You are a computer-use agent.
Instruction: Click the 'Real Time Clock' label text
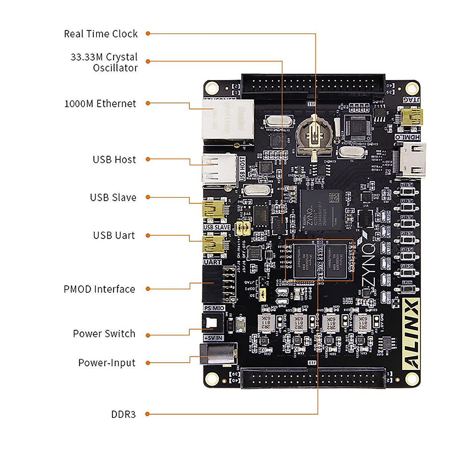(101, 34)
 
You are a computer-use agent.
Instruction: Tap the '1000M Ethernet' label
(100, 104)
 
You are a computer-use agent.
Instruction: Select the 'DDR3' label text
(123, 414)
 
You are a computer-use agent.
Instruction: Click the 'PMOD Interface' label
(99, 289)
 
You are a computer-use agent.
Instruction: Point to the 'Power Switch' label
(104, 333)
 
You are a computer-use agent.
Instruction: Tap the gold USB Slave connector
(214, 210)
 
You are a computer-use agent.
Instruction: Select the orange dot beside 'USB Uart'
(148, 235)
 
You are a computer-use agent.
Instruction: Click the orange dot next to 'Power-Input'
(148, 363)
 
